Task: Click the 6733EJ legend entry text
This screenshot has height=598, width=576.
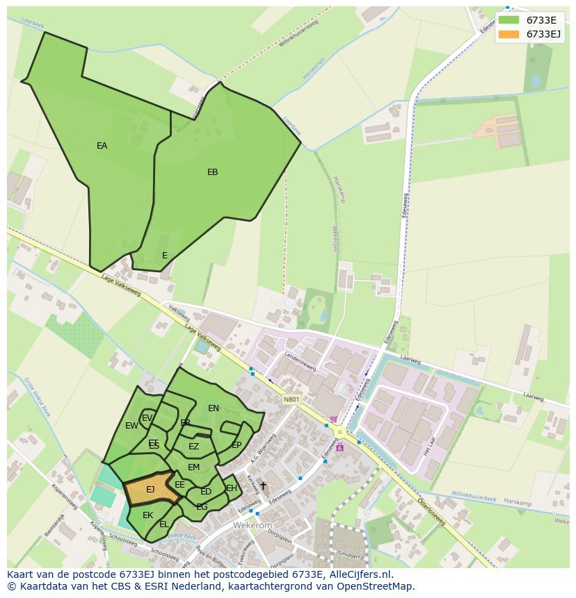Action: pos(543,34)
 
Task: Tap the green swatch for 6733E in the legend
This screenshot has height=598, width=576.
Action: pos(509,20)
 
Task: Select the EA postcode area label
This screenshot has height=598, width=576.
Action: pos(102,146)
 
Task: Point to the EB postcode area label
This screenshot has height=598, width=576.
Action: pos(213,172)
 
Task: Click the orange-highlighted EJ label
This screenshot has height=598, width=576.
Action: pos(150,490)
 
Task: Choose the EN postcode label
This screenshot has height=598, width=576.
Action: pos(214,408)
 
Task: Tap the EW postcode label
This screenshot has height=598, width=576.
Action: pos(131,426)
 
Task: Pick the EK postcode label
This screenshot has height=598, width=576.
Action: pos(147,515)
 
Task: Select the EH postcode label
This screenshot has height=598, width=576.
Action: pos(232,488)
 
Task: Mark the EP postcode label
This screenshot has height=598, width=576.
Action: pos(237,445)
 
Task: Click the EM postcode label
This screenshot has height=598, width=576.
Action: pos(193,467)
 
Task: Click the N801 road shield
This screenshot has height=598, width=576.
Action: pos(291,399)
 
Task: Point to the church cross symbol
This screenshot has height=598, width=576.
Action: pos(263,485)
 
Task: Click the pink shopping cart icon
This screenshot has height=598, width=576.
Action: pos(333,420)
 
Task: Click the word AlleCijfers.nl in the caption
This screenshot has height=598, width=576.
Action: pos(360,575)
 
